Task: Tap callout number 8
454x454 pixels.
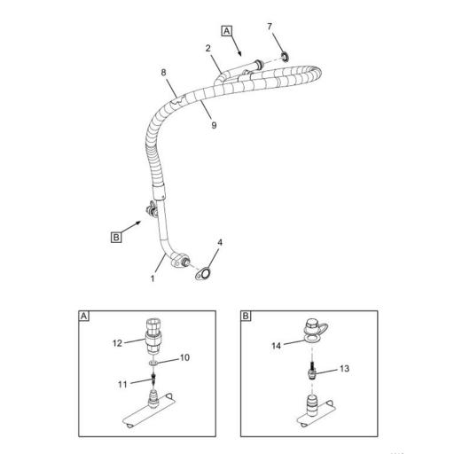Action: tap(164, 72)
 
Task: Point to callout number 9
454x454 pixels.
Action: tap(213, 125)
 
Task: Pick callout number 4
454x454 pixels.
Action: tap(220, 241)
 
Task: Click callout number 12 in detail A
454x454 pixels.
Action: tap(116, 341)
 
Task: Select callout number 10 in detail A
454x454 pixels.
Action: tap(185, 357)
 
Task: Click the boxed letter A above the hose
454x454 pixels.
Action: tap(227, 30)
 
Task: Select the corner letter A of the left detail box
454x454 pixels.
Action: tap(84, 316)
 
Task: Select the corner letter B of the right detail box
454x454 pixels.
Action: tap(247, 316)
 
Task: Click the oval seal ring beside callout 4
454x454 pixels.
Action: tap(204, 274)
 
